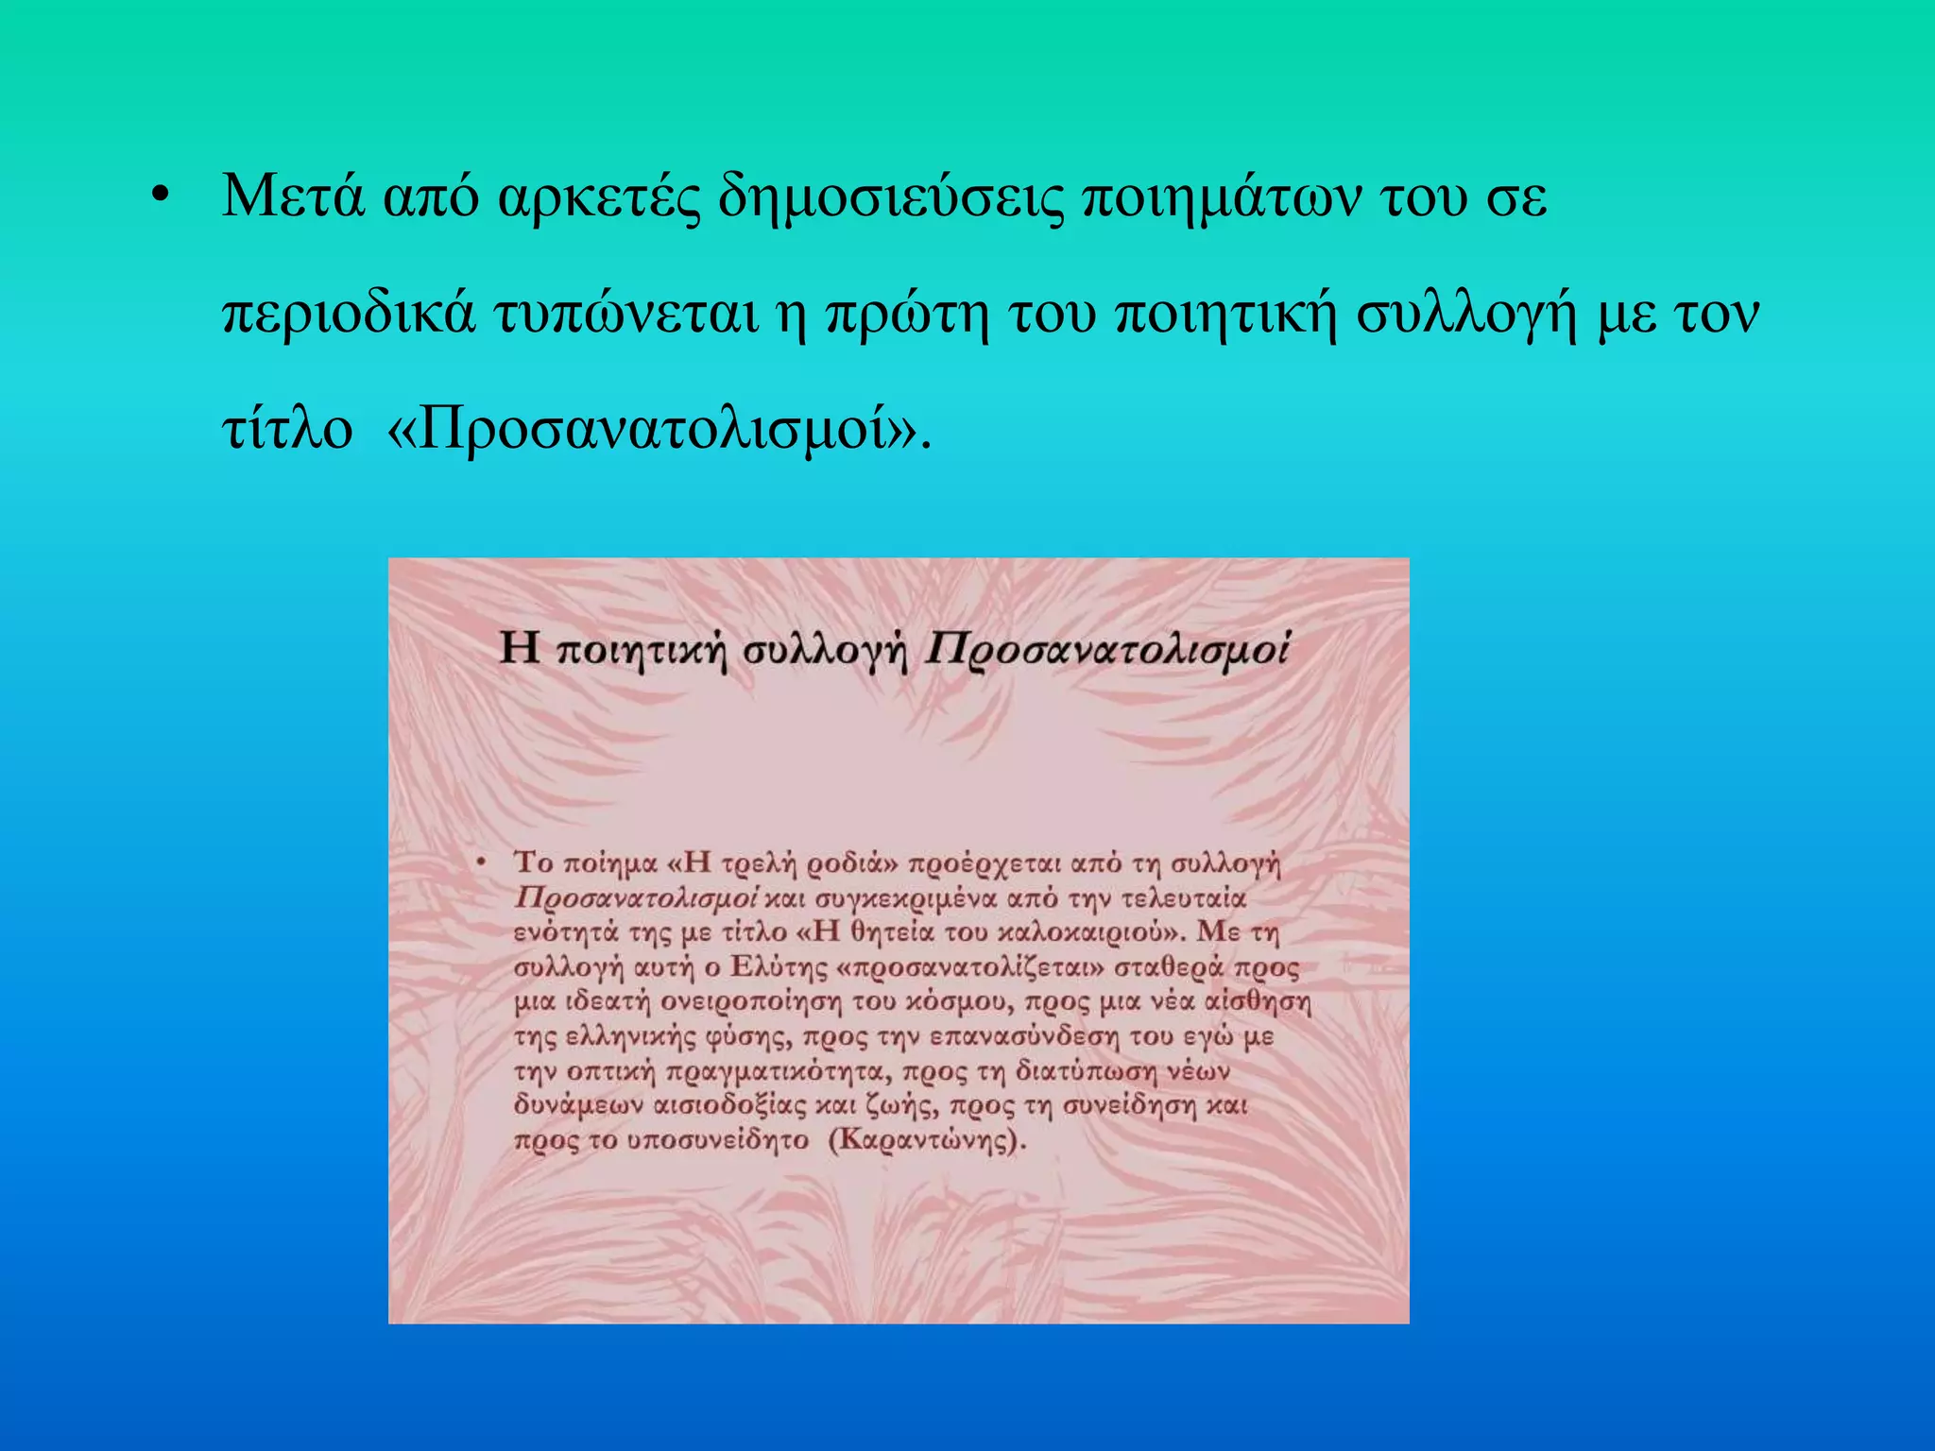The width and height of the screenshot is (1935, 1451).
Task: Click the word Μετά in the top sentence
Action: [293, 196]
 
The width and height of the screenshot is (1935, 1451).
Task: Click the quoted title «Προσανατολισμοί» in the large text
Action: [652, 429]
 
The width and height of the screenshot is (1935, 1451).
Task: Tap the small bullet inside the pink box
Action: [481, 862]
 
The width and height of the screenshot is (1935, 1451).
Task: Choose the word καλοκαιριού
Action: [1091, 932]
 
